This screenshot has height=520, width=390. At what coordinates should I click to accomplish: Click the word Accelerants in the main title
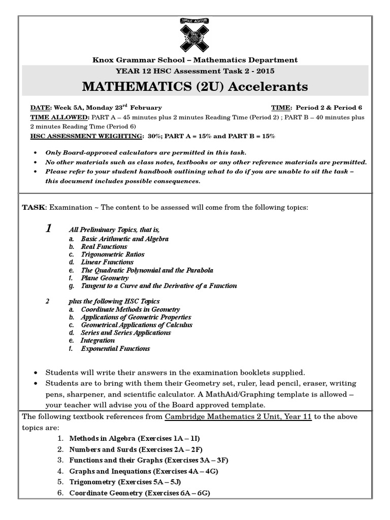(x=268, y=87)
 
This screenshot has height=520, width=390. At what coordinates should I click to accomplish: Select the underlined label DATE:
(x=41, y=108)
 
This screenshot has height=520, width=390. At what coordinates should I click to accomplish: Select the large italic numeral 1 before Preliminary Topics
(x=48, y=229)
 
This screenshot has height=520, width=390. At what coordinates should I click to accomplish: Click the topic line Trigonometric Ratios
(x=113, y=254)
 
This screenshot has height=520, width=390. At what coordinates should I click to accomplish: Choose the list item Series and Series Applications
(x=126, y=333)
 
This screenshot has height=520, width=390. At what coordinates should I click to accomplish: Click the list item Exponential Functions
(x=115, y=349)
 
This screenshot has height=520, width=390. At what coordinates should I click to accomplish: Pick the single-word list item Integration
(x=98, y=341)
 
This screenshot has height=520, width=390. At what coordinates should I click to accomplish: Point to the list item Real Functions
(x=104, y=246)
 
